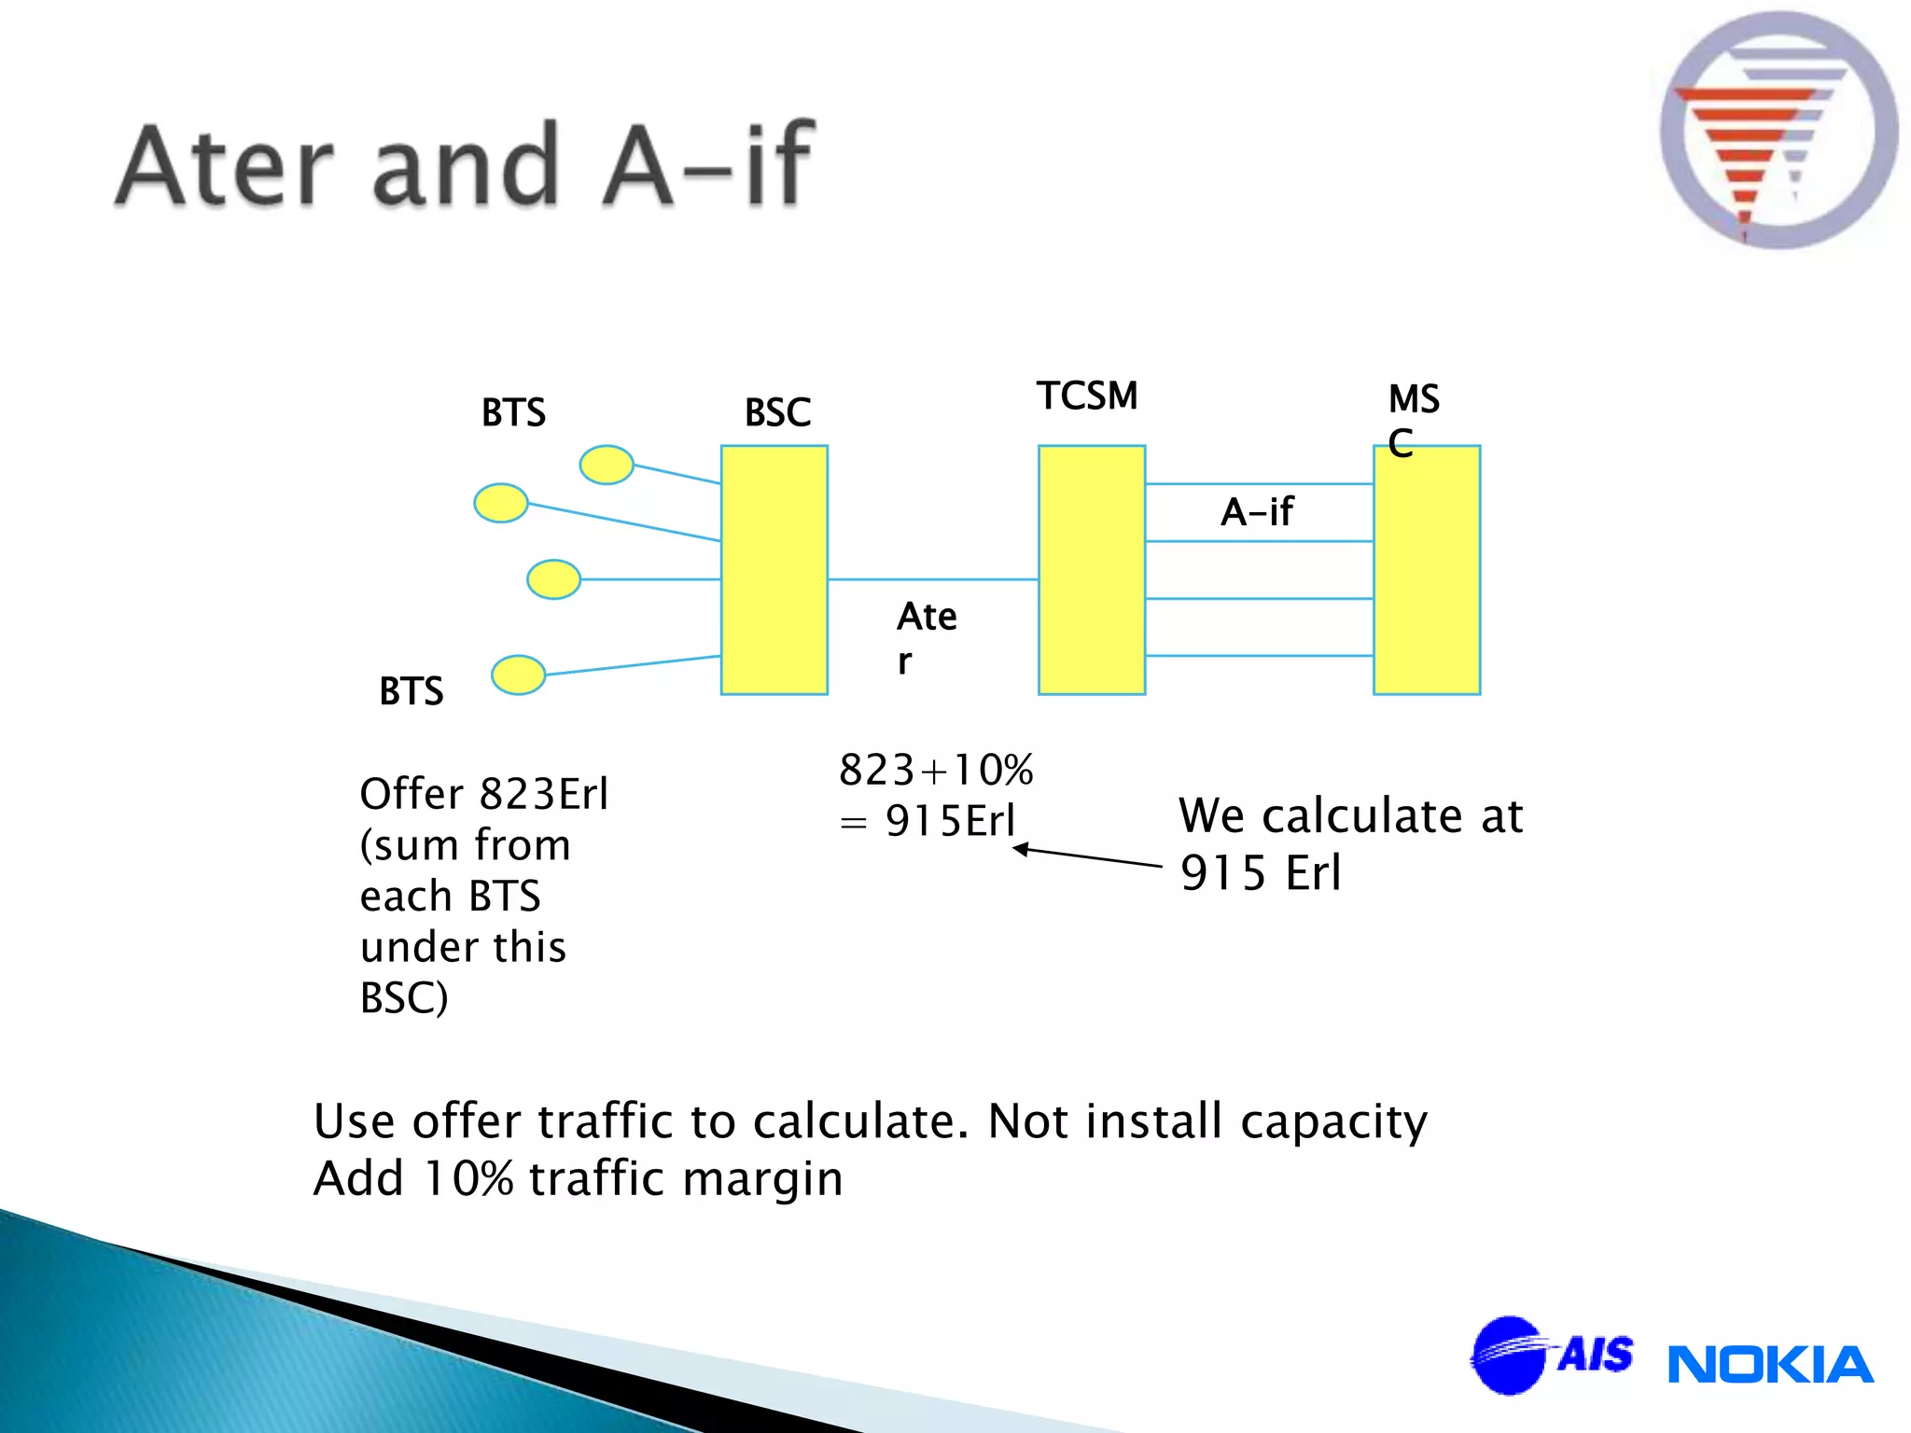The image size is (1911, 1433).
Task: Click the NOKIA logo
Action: click(x=1769, y=1365)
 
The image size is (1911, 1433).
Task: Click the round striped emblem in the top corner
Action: click(x=1778, y=131)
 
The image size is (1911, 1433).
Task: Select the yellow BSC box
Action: click(x=774, y=570)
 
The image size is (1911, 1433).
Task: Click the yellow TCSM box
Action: click(x=1091, y=570)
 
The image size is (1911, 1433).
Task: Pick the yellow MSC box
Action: click(x=1426, y=570)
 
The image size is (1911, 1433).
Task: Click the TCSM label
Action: click(x=1087, y=397)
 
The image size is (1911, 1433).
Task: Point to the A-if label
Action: click(x=1257, y=512)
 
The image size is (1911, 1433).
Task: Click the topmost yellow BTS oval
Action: click(x=607, y=465)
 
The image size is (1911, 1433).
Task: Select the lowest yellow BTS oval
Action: click(x=518, y=675)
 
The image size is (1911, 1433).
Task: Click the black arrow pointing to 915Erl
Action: click(x=1087, y=857)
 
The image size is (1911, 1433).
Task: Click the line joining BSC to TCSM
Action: click(x=932, y=579)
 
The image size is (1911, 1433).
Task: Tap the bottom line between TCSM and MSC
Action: click(x=1258, y=656)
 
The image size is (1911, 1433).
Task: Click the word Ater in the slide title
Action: click(x=227, y=166)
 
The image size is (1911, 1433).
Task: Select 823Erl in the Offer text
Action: click(x=543, y=795)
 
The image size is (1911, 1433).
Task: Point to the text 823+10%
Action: click(x=936, y=771)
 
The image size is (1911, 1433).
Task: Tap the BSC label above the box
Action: click(x=777, y=412)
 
